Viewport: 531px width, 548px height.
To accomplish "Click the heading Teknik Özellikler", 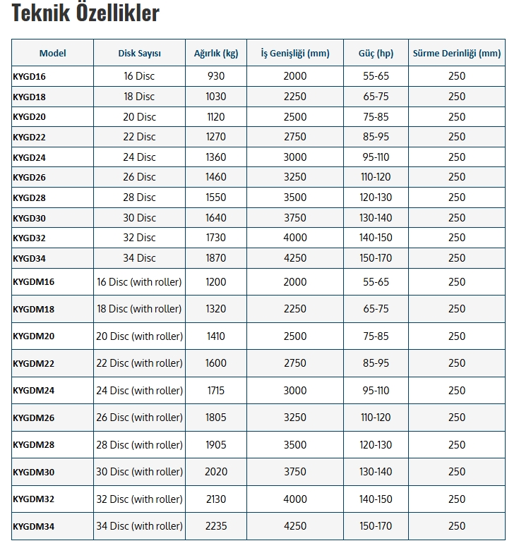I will pyautogui.click(x=85, y=13).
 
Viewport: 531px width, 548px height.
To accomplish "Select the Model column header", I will pyautogui.click(x=53, y=54).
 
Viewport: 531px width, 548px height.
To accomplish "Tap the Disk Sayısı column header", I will pyautogui.click(x=139, y=54).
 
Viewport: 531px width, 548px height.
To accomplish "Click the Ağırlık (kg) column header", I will pyautogui.click(x=216, y=54).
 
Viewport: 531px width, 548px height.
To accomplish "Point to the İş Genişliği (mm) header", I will pyautogui.click(x=295, y=54).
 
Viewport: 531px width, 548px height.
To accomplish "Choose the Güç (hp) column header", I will pyautogui.click(x=376, y=54).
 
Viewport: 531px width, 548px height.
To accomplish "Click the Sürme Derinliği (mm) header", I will pyautogui.click(x=457, y=54).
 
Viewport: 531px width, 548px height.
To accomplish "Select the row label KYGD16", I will pyautogui.click(x=29, y=76).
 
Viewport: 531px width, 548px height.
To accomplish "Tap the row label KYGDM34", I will pyautogui.click(x=34, y=526).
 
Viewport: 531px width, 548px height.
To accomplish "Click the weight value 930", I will pyautogui.click(x=216, y=76).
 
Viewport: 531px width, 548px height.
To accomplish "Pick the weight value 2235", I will pyautogui.click(x=216, y=526).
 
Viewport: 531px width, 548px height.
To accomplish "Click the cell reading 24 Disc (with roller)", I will pyautogui.click(x=139, y=391).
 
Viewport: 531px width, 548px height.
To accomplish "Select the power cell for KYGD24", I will pyautogui.click(x=376, y=157).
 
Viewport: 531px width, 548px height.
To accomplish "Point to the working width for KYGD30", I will pyautogui.click(x=295, y=218).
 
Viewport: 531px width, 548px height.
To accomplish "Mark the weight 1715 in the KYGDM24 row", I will pyautogui.click(x=216, y=391).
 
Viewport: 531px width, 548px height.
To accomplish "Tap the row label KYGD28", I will pyautogui.click(x=29, y=198).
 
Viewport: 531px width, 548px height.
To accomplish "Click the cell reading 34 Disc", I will pyautogui.click(x=139, y=258).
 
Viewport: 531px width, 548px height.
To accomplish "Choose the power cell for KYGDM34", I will pyautogui.click(x=376, y=526).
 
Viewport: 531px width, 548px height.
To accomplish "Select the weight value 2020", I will pyautogui.click(x=216, y=472).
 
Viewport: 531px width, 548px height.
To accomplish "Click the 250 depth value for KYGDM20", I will pyautogui.click(x=457, y=336).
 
